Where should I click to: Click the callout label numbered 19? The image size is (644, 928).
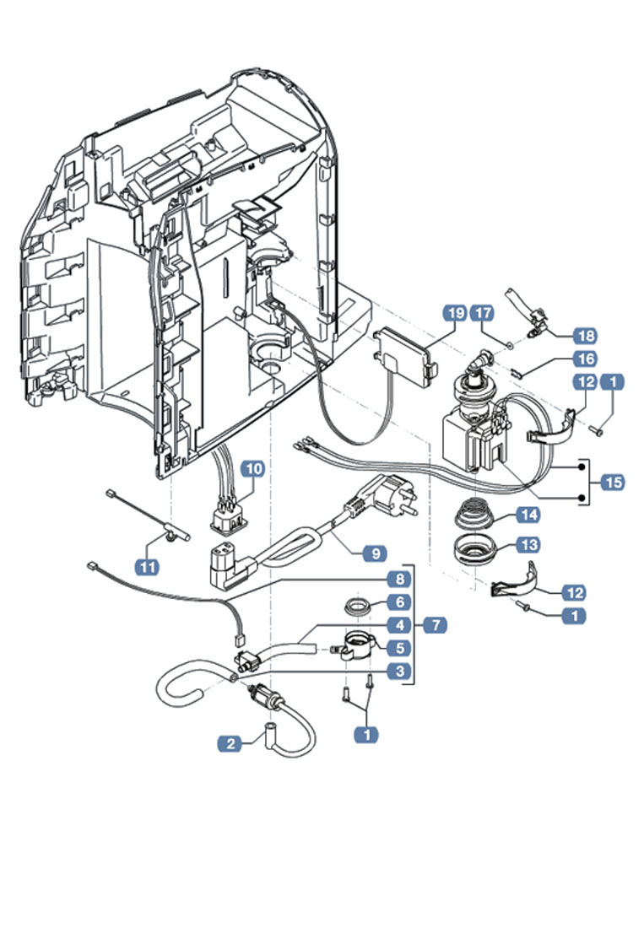click(455, 313)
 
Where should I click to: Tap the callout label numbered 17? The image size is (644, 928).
click(482, 313)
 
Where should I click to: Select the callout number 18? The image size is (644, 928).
click(584, 335)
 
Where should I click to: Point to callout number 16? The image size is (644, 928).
click(585, 359)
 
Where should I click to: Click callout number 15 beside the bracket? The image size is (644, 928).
click(613, 483)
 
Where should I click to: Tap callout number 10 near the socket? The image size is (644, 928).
click(254, 470)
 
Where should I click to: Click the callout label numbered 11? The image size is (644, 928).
click(148, 566)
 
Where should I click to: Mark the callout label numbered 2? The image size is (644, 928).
click(228, 743)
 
